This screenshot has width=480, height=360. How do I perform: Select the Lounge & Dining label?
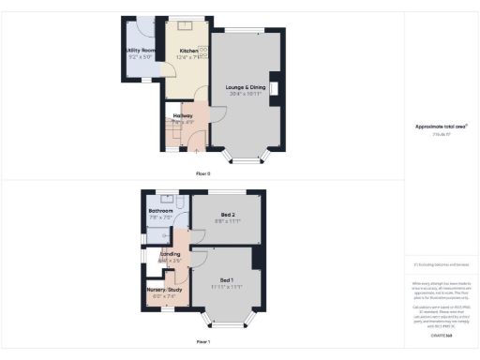pos(246,87)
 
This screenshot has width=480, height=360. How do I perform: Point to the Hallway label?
pos(182,115)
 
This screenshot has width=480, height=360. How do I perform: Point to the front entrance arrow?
pos(196,146)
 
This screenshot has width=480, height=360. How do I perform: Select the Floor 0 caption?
pos(202,174)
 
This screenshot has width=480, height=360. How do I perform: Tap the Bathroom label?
pos(161,211)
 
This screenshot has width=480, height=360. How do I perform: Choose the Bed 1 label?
pos(227,279)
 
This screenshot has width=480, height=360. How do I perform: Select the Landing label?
pos(171,253)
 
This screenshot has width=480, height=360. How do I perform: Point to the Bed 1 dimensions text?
pos(228,287)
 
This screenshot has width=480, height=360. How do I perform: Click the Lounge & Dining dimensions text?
pos(246,94)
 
